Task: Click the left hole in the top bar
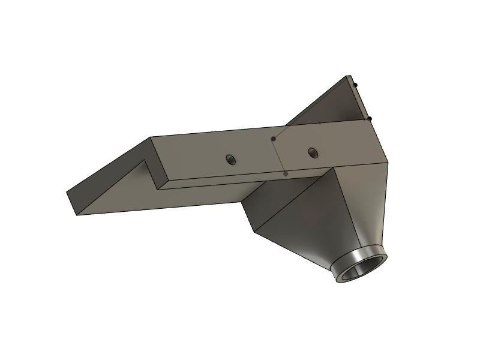(x=230, y=159)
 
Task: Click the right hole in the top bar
(x=313, y=152)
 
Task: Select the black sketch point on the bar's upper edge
(x=273, y=139)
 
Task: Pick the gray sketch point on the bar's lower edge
(x=286, y=174)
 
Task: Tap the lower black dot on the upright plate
(x=370, y=118)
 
